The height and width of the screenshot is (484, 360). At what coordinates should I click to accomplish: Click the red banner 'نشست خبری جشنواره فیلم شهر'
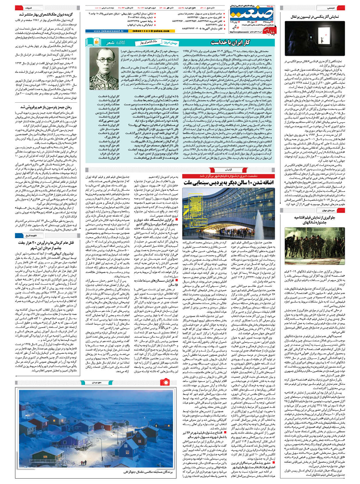[228, 175]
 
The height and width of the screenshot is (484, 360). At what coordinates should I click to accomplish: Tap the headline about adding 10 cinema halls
[228, 182]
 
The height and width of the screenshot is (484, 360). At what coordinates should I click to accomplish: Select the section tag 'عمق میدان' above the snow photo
[97, 382]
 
